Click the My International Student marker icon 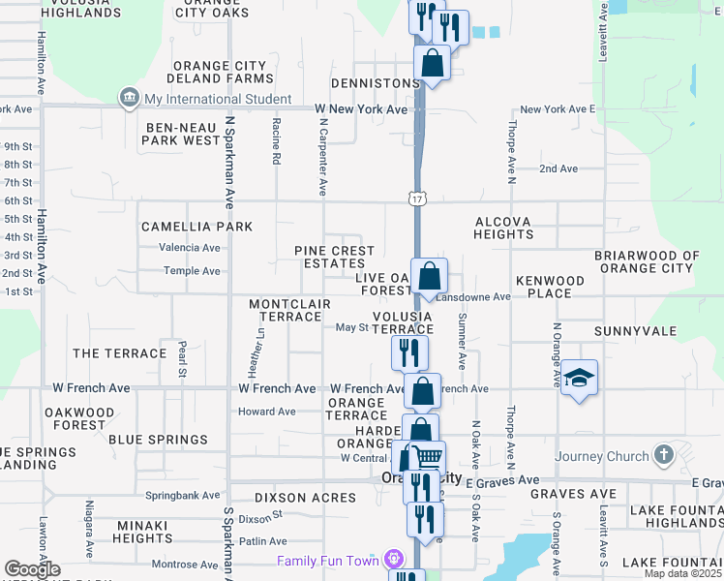pos(129,99)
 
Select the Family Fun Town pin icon pos(394,561)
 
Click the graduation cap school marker pos(579,378)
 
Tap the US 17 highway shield pos(416,199)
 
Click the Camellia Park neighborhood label pos(196,227)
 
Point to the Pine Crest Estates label pos(334,257)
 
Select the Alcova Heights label pos(503,228)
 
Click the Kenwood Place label pos(551,287)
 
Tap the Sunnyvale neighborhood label pos(635,330)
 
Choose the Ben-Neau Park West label pos(182,134)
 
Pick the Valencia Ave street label pos(190,247)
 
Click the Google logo pos(32,569)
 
